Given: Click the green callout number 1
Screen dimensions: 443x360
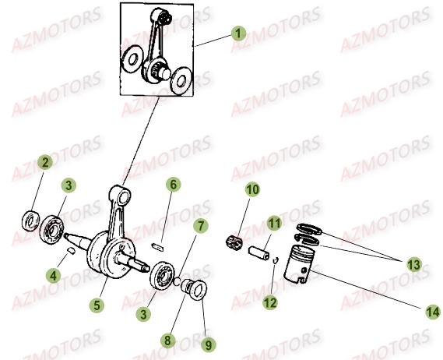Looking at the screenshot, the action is click(x=238, y=34).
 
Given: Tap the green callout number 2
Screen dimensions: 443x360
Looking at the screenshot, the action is click(x=45, y=162).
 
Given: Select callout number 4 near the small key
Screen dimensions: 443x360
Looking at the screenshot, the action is click(x=54, y=275).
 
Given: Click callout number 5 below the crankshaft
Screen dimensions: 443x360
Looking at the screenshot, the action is click(x=97, y=305).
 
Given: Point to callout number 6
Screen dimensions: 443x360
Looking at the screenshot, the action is click(x=173, y=185).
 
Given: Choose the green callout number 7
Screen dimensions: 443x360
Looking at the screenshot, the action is click(x=201, y=226).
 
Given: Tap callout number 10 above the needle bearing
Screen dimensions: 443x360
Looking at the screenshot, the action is click(x=252, y=189).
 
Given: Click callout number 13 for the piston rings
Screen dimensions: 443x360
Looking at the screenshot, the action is click(x=414, y=265).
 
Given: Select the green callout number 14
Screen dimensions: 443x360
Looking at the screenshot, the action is click(x=433, y=312).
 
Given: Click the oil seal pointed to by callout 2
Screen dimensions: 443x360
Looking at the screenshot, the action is click(x=31, y=221).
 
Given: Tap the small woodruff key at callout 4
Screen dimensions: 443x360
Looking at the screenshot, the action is click(x=71, y=251).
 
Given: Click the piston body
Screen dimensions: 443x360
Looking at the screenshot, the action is click(x=299, y=263).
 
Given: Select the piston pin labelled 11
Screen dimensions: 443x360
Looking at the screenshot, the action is click(x=258, y=253).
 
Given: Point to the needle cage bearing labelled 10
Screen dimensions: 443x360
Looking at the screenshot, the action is click(x=234, y=243).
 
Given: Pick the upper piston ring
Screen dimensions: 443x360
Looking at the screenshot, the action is click(x=309, y=228).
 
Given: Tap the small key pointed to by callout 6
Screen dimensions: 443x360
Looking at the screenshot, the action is click(x=158, y=246).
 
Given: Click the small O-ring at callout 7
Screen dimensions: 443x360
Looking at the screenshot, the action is click(x=177, y=281).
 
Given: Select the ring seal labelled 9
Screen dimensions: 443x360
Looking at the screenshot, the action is click(x=199, y=290).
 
